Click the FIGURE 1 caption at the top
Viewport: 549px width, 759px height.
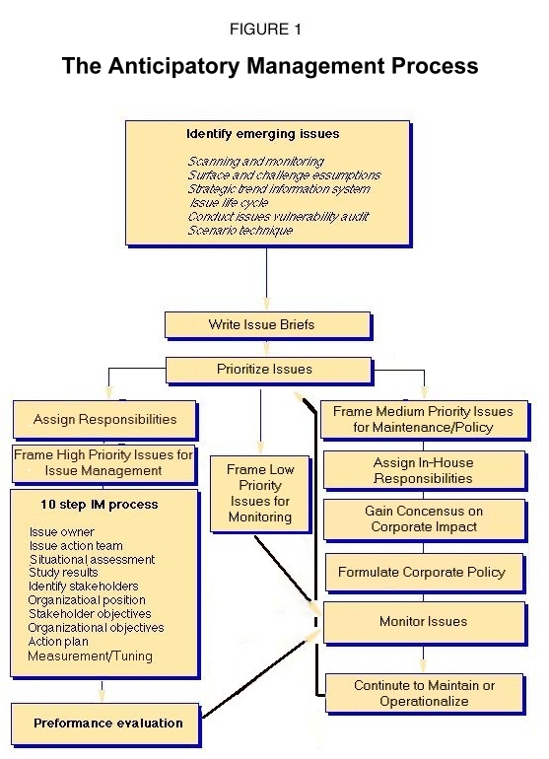click(265, 30)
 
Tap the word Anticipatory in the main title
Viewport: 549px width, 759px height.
click(173, 66)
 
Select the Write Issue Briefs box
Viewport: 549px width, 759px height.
click(268, 325)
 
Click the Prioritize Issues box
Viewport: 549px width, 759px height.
click(269, 371)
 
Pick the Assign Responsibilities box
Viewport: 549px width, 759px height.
click(104, 420)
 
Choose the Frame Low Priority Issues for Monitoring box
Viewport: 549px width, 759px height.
click(260, 494)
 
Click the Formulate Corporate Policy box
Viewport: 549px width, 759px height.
click(424, 573)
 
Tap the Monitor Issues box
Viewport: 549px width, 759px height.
click(424, 623)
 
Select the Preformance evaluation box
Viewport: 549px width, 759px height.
click(105, 724)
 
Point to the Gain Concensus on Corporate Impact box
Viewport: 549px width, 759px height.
click(424, 519)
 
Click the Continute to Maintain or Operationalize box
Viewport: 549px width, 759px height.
click(425, 693)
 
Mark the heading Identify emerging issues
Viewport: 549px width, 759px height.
click(263, 134)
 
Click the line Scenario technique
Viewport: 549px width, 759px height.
click(240, 231)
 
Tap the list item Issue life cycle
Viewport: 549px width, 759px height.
click(229, 203)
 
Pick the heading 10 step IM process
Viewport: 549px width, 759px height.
click(100, 505)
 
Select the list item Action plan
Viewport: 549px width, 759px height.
click(58, 642)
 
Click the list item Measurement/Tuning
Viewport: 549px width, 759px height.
click(90, 655)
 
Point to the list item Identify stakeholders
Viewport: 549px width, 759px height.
click(83, 586)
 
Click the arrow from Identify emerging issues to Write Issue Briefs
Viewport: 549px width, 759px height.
click(266, 279)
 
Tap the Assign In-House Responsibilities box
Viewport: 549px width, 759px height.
click(424, 470)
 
